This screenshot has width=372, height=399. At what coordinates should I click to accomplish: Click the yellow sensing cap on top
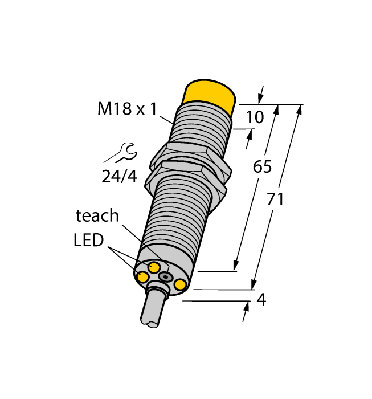coord(210,95)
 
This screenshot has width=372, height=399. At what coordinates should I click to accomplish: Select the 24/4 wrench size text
coord(119,176)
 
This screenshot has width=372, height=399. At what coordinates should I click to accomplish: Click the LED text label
coord(88,240)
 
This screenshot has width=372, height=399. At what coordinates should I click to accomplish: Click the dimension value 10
coord(255,117)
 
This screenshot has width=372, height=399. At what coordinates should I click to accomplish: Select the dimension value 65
coord(262,167)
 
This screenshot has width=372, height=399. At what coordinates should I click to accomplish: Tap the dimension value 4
coord(261,299)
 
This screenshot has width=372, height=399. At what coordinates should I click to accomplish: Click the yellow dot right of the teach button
coord(181,284)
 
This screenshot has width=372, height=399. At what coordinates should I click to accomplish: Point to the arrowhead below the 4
coord(247,311)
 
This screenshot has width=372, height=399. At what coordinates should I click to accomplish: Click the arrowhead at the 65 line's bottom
coord(235,266)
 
